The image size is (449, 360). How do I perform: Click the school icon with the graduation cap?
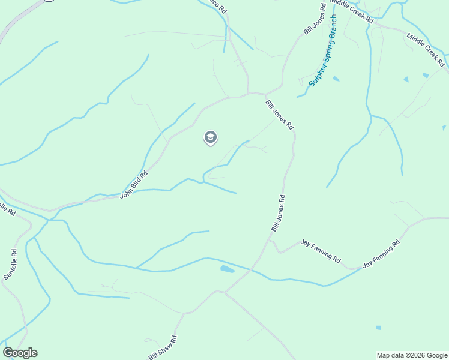pos(210,138)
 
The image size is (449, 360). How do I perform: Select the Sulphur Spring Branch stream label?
pos(323,52)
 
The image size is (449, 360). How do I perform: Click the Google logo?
pos(20,353)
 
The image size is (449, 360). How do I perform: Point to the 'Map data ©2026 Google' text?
pos(412,355)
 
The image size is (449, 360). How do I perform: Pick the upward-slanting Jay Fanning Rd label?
pos(381,254)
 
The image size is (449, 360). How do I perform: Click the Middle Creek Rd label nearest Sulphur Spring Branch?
pos(352,11)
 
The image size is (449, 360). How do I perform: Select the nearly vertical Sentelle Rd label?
pos(11,264)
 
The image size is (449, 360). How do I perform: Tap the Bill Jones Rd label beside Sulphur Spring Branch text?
pos(315,17)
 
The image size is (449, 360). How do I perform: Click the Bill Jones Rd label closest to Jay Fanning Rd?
pos(278,213)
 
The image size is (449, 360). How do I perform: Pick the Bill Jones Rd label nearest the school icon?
pos(280,115)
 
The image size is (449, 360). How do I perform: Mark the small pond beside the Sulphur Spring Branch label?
pos(336,79)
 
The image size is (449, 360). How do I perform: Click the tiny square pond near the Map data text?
pos(378,328)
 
